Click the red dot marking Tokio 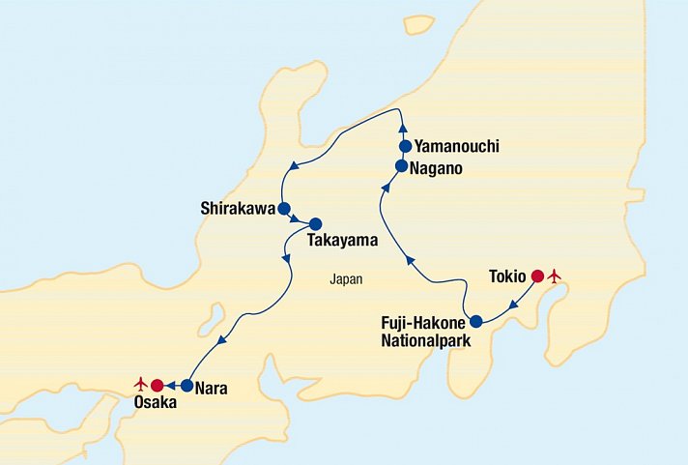(x=537, y=276)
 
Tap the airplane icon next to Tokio (x=555, y=277)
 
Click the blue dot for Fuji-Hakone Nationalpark (x=475, y=321)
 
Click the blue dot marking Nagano (x=401, y=166)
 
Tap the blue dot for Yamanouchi (x=406, y=146)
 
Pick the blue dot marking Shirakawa (x=284, y=208)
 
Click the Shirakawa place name (x=238, y=208)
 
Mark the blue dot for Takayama (x=315, y=223)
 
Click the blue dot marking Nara (x=186, y=386)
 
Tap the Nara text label (x=212, y=389)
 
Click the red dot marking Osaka (x=157, y=386)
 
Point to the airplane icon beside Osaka (x=140, y=385)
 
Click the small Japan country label (x=345, y=279)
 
